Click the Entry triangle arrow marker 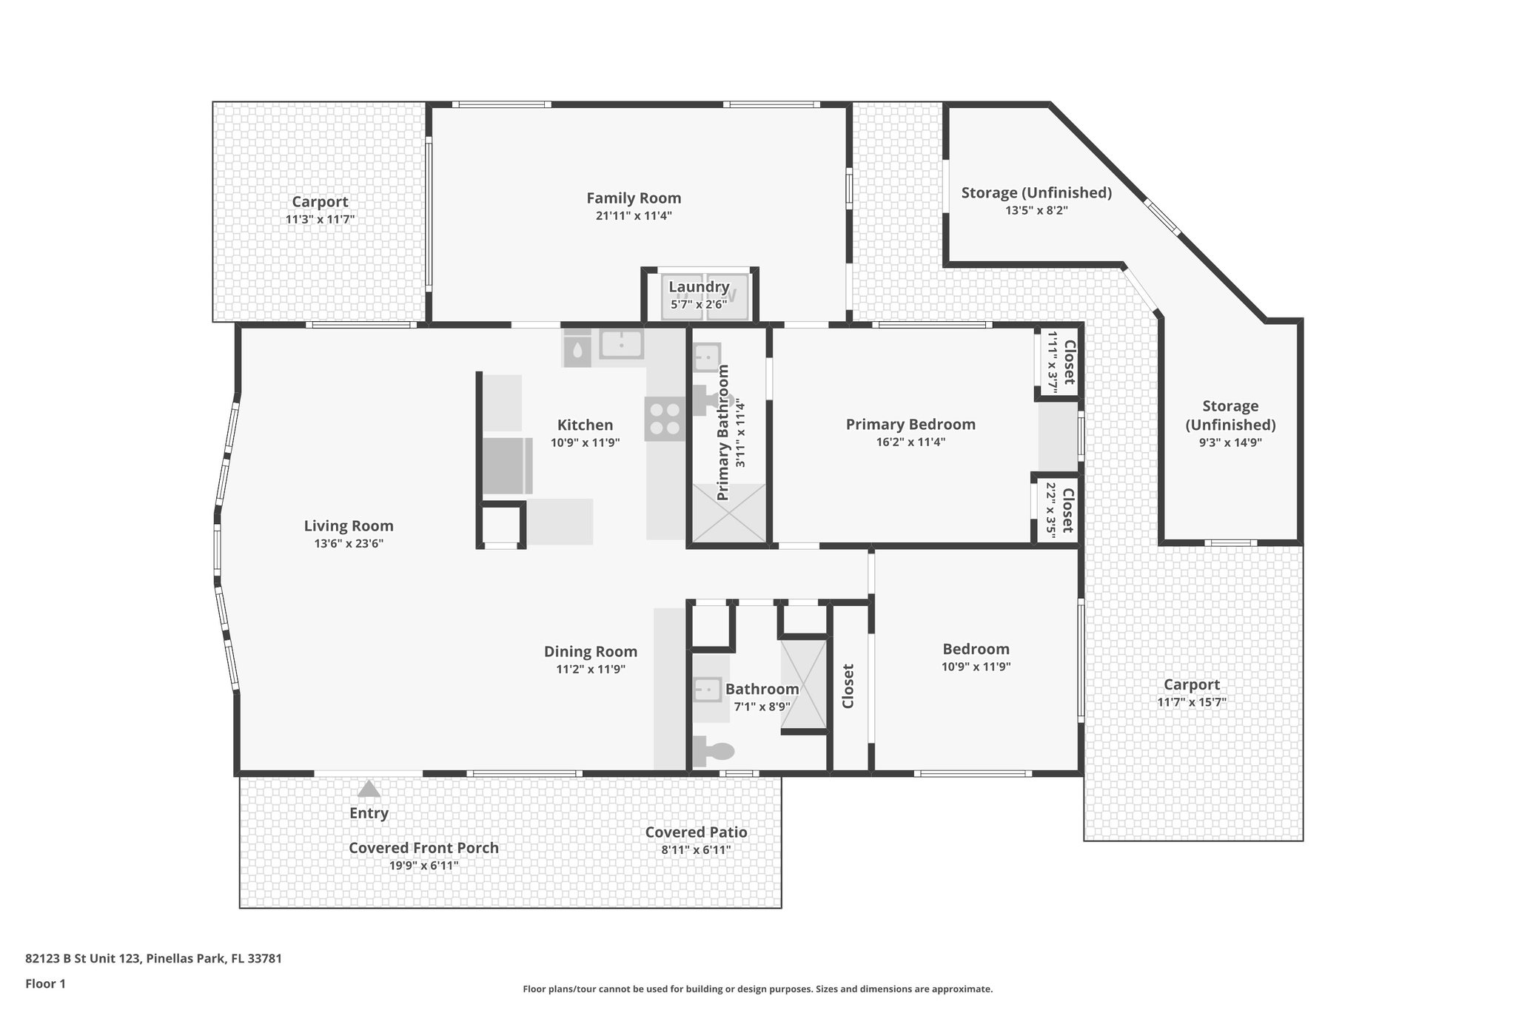click(x=369, y=789)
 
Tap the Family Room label click(x=634, y=198)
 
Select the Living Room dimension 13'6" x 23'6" click(x=349, y=544)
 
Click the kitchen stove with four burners click(x=664, y=419)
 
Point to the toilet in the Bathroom click(x=714, y=752)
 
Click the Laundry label click(x=699, y=287)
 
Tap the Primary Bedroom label click(x=910, y=425)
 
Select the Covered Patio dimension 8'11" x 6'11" click(x=696, y=850)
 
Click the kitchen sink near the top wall click(x=621, y=344)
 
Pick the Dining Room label click(x=590, y=652)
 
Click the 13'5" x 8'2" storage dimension click(x=1036, y=210)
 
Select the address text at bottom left click(x=153, y=958)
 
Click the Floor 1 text click(x=45, y=983)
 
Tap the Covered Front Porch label click(x=423, y=848)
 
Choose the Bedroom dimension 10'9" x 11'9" click(x=976, y=667)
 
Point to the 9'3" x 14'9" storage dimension click(x=1230, y=443)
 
